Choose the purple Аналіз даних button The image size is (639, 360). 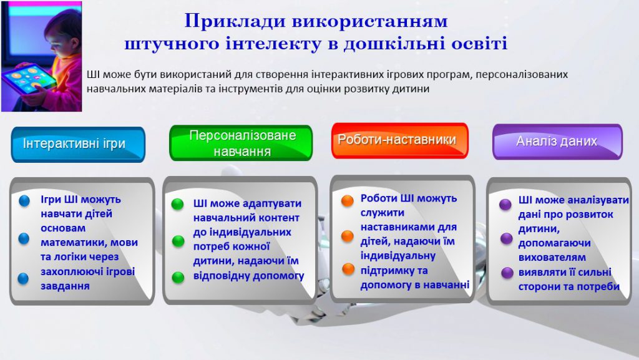point(557,142)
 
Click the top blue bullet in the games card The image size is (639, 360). point(24,201)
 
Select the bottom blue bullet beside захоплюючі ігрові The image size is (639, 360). point(24,278)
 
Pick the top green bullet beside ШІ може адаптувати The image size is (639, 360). point(178,204)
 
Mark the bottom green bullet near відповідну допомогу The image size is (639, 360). point(178,276)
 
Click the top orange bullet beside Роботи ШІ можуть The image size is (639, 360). point(348,201)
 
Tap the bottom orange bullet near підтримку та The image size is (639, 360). point(348,270)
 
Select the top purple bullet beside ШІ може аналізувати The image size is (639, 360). point(506,204)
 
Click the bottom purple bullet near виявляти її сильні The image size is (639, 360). point(506,273)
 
